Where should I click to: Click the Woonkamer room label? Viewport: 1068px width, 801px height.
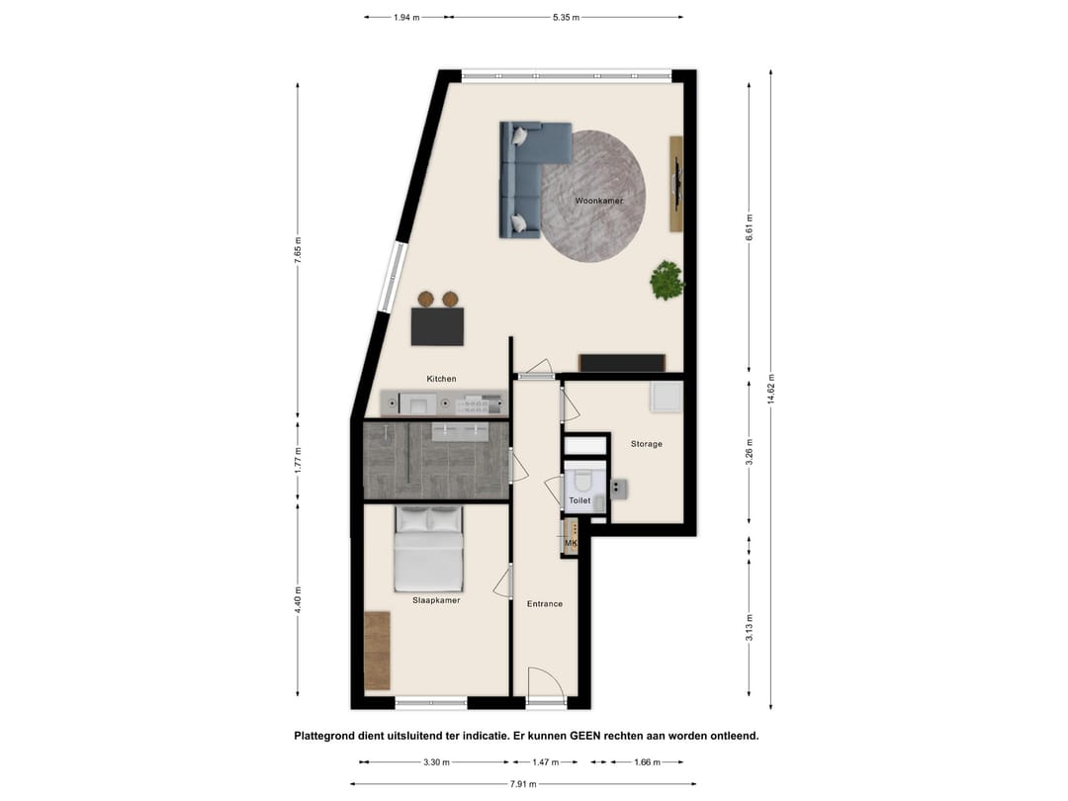coord(598,201)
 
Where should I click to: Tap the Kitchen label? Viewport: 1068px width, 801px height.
coord(441,379)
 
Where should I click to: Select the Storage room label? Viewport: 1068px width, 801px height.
coord(647,444)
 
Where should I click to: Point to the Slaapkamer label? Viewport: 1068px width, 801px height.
coord(436,601)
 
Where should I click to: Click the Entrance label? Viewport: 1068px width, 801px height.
coord(545,604)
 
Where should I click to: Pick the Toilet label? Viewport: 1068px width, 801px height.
coord(579,500)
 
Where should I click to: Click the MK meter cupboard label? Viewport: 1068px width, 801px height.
coord(571,543)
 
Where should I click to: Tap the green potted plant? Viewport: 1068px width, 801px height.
coord(667,279)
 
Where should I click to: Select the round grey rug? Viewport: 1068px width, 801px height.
coord(593,196)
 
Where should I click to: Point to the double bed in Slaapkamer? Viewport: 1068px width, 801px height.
coord(429,549)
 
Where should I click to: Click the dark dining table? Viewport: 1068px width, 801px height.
coord(437,326)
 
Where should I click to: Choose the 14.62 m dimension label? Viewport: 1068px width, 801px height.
coord(771,389)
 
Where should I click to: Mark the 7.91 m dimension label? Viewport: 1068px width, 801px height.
coord(523,784)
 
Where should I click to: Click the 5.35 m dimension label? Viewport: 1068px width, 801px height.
coord(566,18)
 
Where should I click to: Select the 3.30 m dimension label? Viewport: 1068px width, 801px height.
coord(436,762)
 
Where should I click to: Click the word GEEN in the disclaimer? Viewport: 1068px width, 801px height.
coord(585,736)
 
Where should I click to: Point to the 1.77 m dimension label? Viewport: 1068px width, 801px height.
coord(298,461)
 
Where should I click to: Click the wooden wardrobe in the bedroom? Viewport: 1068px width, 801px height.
coord(377,651)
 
